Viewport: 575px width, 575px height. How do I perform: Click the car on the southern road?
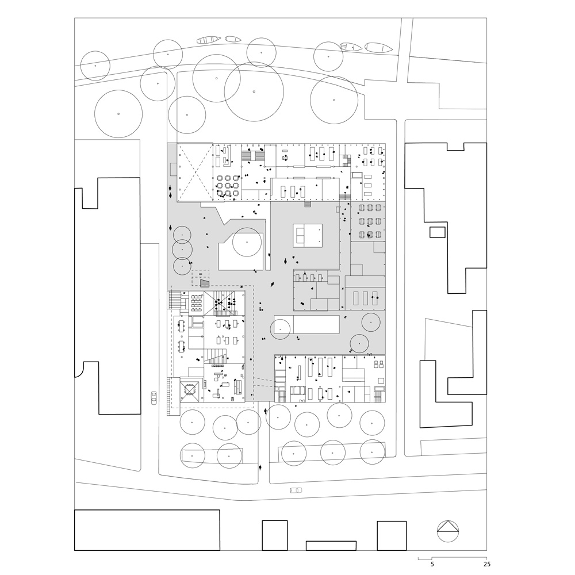[x=296, y=490]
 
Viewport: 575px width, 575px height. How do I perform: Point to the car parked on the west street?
[x=154, y=397]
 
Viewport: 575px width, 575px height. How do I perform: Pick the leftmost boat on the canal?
[x=208, y=40]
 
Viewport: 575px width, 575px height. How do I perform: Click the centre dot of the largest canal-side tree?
[x=254, y=91]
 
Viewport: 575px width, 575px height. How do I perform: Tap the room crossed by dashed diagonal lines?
[x=194, y=172]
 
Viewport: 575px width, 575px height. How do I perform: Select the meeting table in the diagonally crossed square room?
[x=190, y=389]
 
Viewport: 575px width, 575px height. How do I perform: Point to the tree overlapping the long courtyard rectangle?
[x=281, y=328]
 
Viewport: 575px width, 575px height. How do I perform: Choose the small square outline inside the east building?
[x=438, y=232]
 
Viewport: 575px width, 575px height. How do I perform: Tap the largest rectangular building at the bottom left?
[x=147, y=530]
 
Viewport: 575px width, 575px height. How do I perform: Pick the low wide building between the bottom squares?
[x=331, y=545]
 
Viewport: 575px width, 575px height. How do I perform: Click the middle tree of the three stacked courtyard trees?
[x=182, y=250]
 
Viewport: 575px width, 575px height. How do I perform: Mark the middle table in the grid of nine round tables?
[x=227, y=186]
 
